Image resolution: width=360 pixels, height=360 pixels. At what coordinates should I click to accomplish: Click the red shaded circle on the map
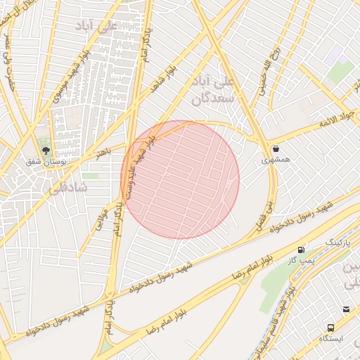pyautogui.click(x=180, y=180)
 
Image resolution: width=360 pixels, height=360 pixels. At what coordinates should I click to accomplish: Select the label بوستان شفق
pyautogui.click(x=46, y=161)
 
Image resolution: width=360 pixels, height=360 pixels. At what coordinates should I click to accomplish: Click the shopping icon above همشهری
pyautogui.click(x=275, y=148)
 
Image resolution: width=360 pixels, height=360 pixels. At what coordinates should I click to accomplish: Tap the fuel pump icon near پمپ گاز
pyautogui.click(x=302, y=250)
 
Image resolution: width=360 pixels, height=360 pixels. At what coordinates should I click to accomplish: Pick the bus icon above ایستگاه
pyautogui.click(x=330, y=328)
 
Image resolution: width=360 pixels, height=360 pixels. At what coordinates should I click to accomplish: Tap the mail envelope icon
pyautogui.click(x=346, y=309)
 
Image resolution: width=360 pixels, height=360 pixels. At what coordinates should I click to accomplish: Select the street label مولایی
pyautogui.click(x=100, y=215)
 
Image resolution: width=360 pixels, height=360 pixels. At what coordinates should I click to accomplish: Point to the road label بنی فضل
pyautogui.click(x=269, y=204)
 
